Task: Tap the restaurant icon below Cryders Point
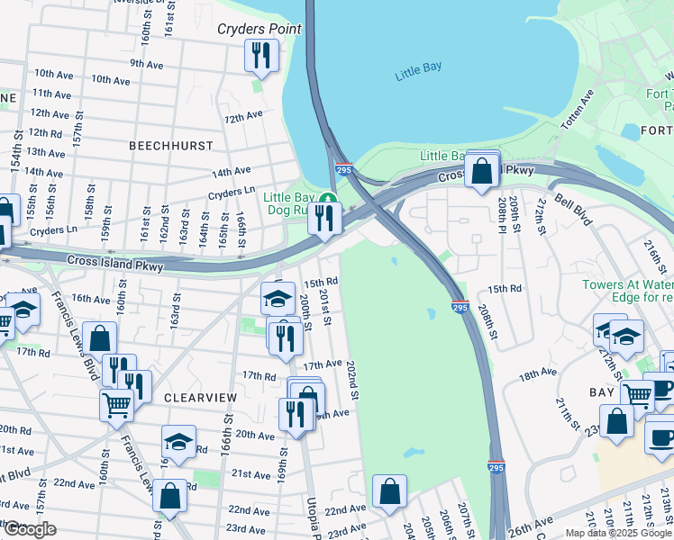point(259,56)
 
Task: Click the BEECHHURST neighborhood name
point(171,145)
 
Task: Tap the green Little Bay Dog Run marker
point(331,200)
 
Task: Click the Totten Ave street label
point(578,111)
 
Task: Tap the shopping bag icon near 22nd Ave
point(389,491)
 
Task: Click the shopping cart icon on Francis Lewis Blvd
point(116,404)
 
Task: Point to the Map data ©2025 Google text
point(618,533)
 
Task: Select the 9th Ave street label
point(146,63)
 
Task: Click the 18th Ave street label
point(538,373)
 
